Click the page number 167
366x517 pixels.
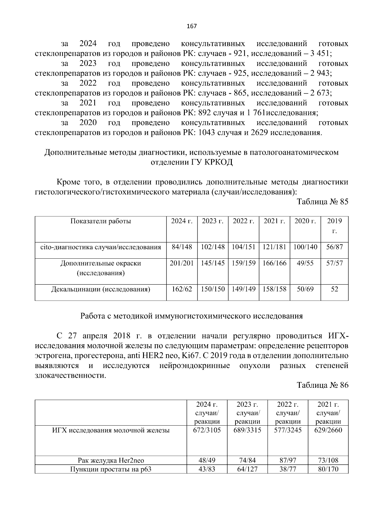pyautogui.click(x=192, y=26)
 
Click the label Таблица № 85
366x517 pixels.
pyautogui.click(x=322, y=202)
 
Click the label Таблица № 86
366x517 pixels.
pyautogui.click(x=322, y=385)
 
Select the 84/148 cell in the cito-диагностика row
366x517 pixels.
pyautogui.click(x=182, y=247)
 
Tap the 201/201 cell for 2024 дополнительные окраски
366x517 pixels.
pyautogui.click(x=182, y=263)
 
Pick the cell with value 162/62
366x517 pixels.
pyautogui.click(x=182, y=289)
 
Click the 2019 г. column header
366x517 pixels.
pyautogui.click(x=334, y=226)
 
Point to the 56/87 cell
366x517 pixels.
pyautogui.click(x=334, y=247)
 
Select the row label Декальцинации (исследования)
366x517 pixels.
pyautogui.click(x=101, y=289)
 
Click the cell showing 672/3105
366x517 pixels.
pyautogui.click(x=207, y=430)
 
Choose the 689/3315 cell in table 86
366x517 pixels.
pyautogui.click(x=247, y=430)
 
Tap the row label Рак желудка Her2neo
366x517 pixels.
pyautogui.click(x=111, y=460)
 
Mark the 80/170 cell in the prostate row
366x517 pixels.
pyautogui.click(x=328, y=469)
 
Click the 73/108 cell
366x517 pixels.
pyautogui.click(x=328, y=460)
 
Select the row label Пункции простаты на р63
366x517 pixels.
pyautogui.click(x=111, y=469)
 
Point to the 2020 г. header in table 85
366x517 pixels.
pyautogui.click(x=305, y=221)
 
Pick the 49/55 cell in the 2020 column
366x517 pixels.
pyautogui.click(x=305, y=263)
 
